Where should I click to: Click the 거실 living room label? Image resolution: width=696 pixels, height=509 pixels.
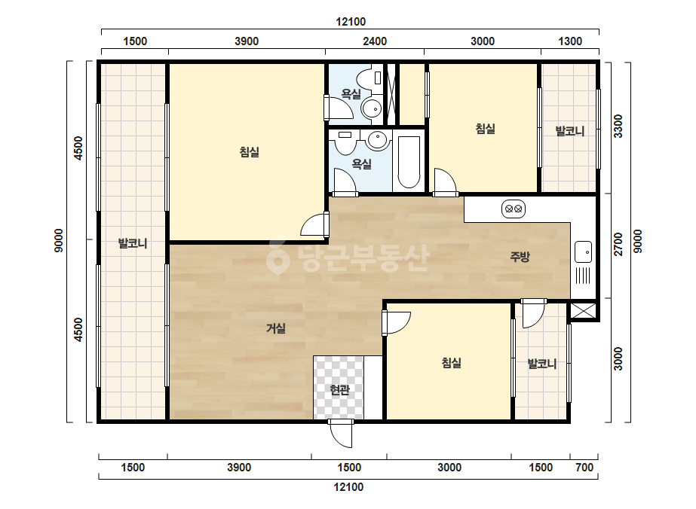[276, 328]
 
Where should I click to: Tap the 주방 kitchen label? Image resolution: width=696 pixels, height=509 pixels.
[520, 257]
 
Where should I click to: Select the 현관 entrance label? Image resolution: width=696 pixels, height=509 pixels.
[339, 390]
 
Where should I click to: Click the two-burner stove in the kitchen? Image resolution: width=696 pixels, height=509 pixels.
[514, 209]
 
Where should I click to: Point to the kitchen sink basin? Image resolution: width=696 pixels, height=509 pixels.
[583, 251]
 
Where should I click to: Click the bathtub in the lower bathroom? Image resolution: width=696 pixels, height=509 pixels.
[409, 163]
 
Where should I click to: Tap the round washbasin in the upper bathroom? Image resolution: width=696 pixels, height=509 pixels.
[371, 108]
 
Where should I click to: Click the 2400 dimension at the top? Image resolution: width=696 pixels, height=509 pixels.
[375, 41]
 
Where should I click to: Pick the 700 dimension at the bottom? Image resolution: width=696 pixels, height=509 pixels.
[584, 468]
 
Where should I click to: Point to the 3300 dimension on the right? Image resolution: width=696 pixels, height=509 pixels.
[618, 126]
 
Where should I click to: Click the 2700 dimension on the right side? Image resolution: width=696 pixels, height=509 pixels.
[618, 244]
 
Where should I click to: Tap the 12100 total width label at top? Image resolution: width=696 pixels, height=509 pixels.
[351, 22]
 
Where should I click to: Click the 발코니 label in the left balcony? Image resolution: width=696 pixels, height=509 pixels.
[133, 243]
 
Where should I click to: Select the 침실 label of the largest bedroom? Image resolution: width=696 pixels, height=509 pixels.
[249, 153]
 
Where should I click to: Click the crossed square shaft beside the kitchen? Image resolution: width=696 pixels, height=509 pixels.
[582, 311]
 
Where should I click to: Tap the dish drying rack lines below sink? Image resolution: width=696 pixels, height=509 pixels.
[583, 276]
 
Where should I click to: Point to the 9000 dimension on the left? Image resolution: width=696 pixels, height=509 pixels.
[59, 241]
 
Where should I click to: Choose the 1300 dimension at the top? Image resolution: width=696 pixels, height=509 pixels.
[570, 41]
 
